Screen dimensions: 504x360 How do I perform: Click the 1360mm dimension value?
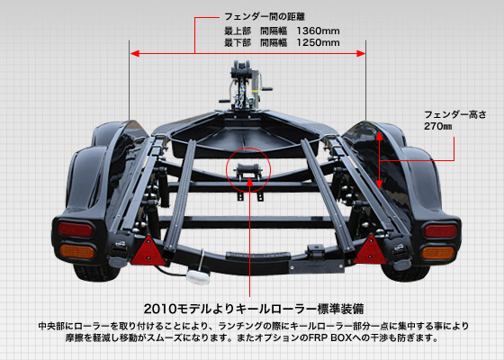pyautogui.click(x=318, y=31)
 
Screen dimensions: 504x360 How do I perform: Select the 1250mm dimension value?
pyautogui.click(x=318, y=42)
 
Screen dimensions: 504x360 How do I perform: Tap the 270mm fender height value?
pyautogui.click(x=437, y=126)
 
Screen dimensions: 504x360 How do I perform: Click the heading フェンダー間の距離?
pyautogui.click(x=265, y=16)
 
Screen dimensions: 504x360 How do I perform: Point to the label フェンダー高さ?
pyautogui.click(x=455, y=114)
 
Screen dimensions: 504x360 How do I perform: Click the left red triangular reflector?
pyautogui.click(x=148, y=251)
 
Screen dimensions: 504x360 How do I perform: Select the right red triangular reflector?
pyautogui.click(x=371, y=250)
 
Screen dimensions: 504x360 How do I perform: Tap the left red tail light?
pyautogui.click(x=76, y=229)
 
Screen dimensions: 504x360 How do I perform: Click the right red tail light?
pyautogui.click(x=440, y=231)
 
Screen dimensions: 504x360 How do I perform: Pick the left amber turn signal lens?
pyautogui.click(x=77, y=251)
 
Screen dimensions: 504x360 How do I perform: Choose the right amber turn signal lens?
pyautogui.click(x=438, y=253)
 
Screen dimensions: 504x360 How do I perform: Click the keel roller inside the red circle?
pyautogui.click(x=248, y=169)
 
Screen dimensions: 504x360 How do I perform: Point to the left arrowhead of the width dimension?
pyautogui.click(x=135, y=53)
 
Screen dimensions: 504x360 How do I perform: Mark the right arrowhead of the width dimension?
pyautogui.click(x=361, y=53)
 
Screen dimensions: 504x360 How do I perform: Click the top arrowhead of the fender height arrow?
pyautogui.click(x=379, y=136)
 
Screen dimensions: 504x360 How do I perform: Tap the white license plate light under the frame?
pyautogui.click(x=198, y=277)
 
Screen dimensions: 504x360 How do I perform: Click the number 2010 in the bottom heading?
pyautogui.click(x=160, y=310)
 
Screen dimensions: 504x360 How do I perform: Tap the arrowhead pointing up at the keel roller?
pyautogui.click(x=250, y=183)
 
